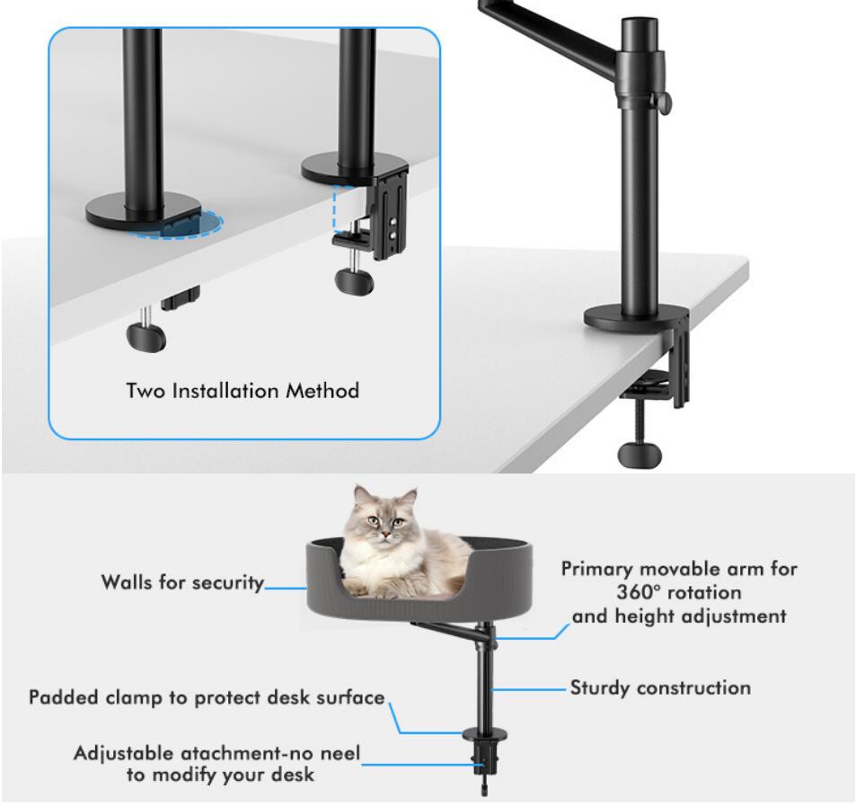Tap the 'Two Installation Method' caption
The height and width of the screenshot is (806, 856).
(x=243, y=391)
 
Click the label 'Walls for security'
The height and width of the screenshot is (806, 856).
(x=182, y=582)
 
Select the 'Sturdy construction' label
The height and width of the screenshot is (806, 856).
(x=660, y=688)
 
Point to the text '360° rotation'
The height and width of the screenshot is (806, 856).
(x=679, y=593)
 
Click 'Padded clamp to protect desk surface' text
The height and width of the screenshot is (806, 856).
(x=206, y=698)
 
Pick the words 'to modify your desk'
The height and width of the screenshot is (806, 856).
(x=220, y=775)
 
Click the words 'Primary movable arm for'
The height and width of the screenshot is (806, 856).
(x=680, y=570)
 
